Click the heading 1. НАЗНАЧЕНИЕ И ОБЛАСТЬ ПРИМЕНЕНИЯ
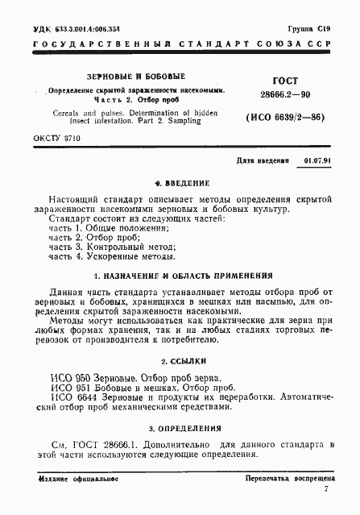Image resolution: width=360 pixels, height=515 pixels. click(x=180, y=276)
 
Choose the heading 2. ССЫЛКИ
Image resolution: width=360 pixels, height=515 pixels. click(x=180, y=361)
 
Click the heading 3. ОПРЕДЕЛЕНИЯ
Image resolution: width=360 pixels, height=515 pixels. click(x=180, y=427)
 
